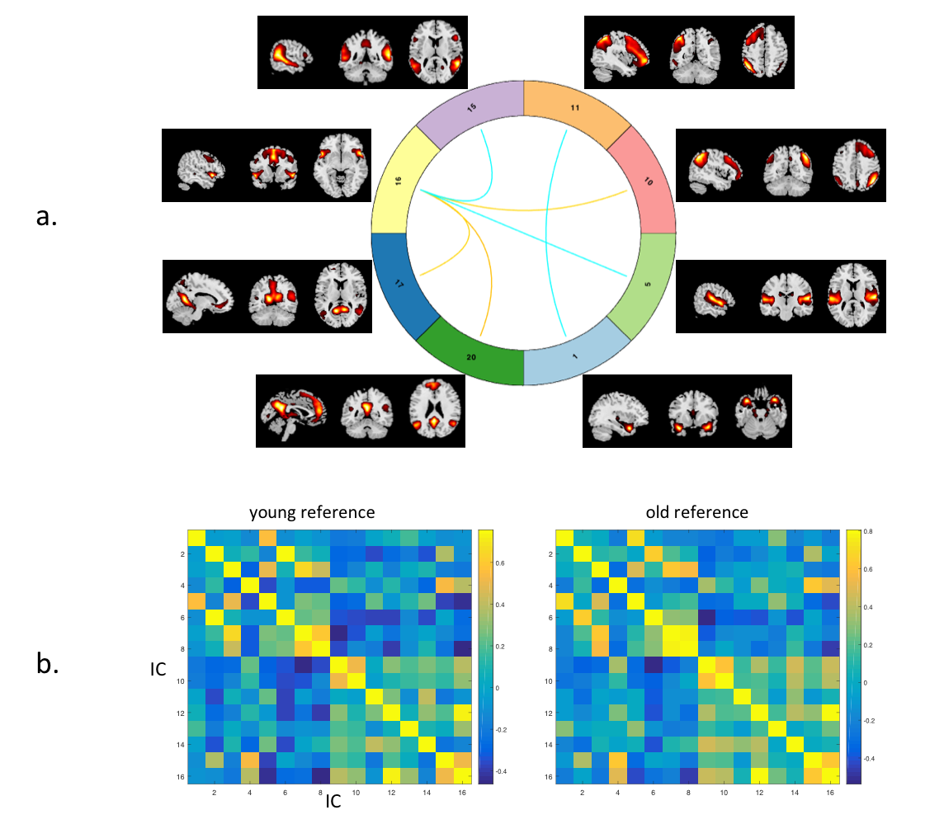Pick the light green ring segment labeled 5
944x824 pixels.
click(648, 283)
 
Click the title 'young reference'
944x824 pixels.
click(312, 512)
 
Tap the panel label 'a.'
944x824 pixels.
click(46, 217)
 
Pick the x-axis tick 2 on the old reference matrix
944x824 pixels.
click(583, 793)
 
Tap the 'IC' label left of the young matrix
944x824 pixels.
click(159, 670)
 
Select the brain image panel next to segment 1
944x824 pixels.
click(687, 411)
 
